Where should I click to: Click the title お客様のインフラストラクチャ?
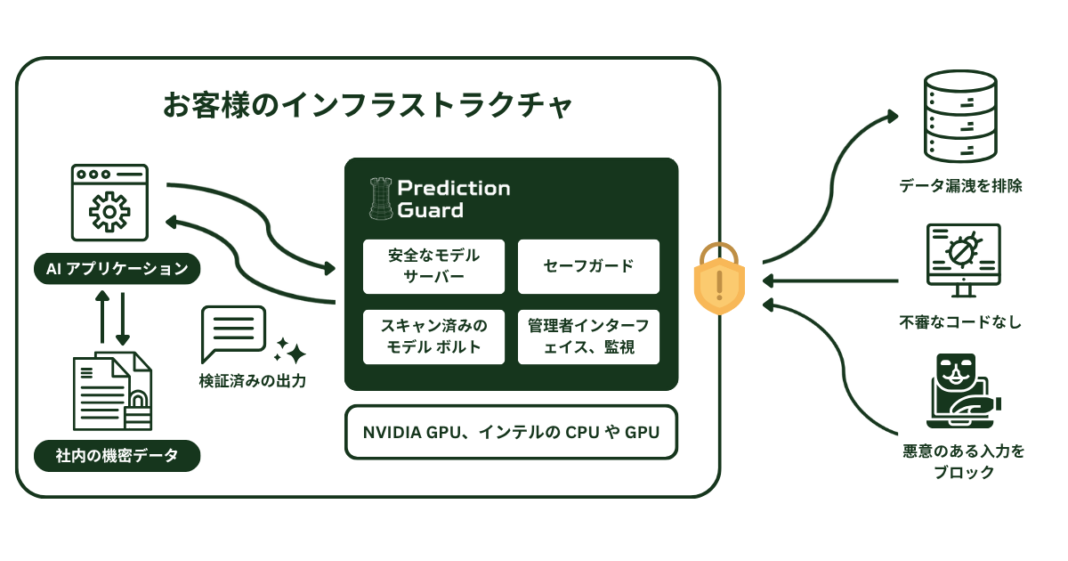(x=367, y=105)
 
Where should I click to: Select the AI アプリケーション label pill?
(x=117, y=268)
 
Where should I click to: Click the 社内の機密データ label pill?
(x=117, y=456)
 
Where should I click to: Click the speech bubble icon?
(x=233, y=333)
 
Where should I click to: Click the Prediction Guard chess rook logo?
(x=380, y=199)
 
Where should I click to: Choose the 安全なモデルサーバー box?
(x=433, y=266)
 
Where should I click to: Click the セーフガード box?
(x=588, y=266)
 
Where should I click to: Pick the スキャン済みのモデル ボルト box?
(x=433, y=337)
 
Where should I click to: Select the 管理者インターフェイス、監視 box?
(x=588, y=337)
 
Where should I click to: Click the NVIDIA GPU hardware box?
(x=511, y=433)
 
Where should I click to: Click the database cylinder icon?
(x=959, y=116)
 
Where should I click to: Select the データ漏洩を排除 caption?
(x=959, y=186)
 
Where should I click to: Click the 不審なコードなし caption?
(x=959, y=321)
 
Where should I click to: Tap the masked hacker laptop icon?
(x=959, y=393)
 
